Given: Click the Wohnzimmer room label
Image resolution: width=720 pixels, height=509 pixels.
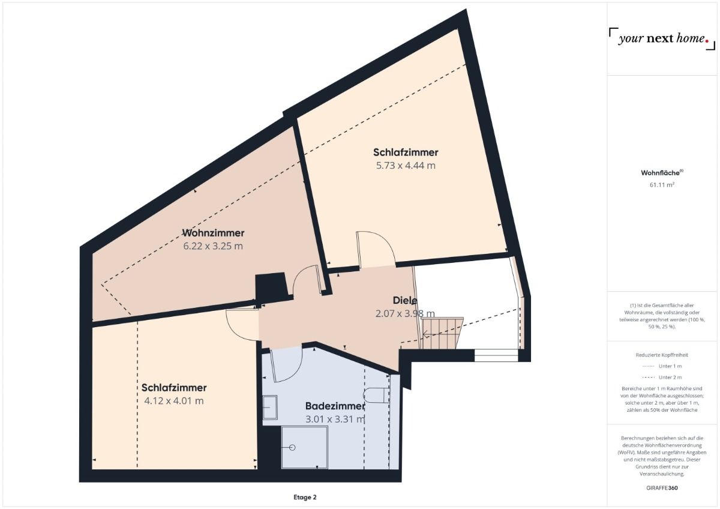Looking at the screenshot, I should coord(213,233).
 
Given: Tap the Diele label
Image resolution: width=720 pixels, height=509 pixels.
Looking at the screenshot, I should coord(405,300).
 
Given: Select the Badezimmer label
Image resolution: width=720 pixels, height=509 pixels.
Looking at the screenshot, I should coord(335,406).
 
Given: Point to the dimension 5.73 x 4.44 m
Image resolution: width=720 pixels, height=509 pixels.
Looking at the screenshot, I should coord(406,166).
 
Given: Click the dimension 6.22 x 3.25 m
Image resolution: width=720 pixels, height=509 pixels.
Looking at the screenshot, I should coord(213,246).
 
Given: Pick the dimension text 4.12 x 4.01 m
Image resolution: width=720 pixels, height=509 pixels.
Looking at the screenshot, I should coord(174,401).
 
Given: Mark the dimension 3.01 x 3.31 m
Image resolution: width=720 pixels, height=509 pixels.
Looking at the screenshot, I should coord(335,419).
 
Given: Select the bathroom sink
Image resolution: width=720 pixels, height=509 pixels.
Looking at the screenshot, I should coord(269,407).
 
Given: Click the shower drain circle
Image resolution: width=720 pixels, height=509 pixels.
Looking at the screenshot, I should coord(293,448).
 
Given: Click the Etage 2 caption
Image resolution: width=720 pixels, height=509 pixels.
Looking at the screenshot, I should coord(305,497).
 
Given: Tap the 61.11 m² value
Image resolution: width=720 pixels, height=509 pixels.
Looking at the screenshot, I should coord(662,185).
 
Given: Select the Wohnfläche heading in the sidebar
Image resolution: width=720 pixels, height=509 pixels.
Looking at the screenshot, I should coord(661,173).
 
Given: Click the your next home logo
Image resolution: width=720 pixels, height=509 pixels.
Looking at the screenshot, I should coord(662,39).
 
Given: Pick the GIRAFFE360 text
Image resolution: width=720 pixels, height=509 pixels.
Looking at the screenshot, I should coord(662,487).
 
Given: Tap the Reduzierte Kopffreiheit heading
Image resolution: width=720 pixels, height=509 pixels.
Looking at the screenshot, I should coord(662,354).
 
